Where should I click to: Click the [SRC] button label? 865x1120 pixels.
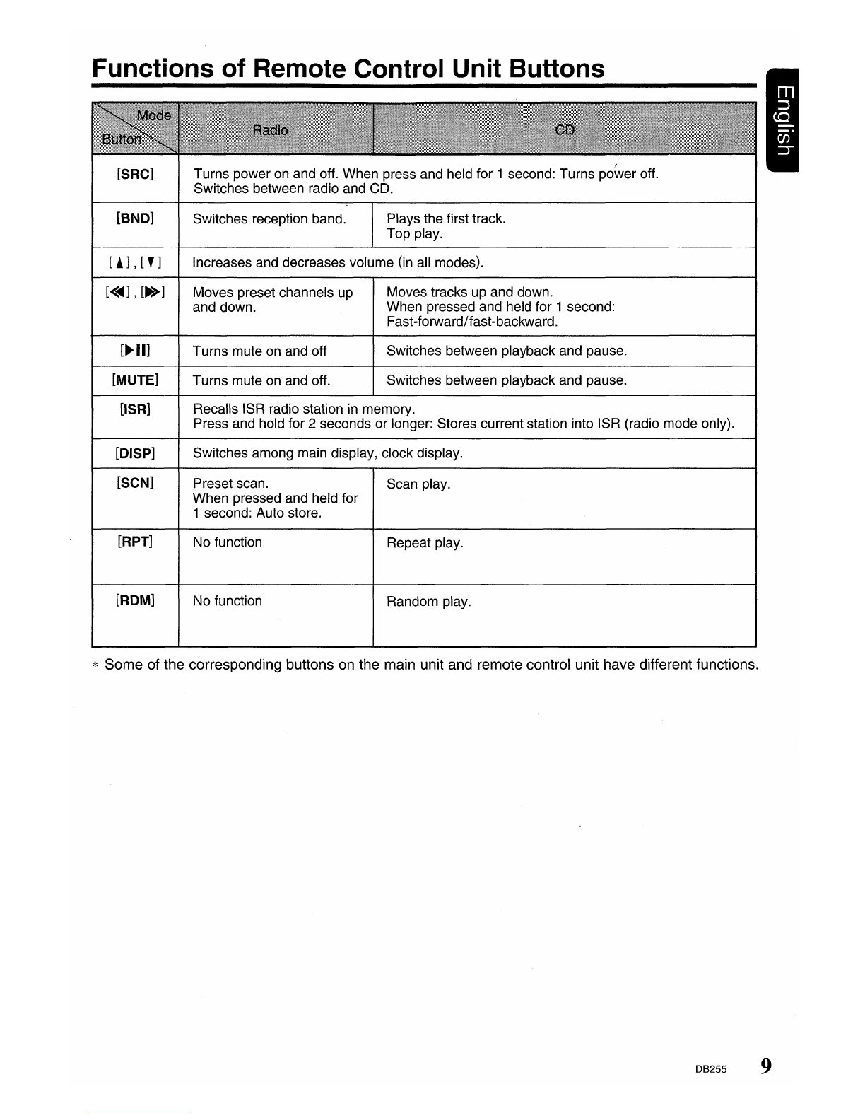[135, 174]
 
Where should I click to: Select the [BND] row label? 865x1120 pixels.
[135, 218]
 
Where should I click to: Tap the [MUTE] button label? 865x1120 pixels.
[135, 380]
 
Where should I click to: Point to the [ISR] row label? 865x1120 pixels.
[135, 409]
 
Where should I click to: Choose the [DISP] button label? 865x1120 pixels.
[135, 453]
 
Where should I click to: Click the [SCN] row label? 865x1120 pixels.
[135, 484]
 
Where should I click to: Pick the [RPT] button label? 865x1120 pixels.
[135, 542]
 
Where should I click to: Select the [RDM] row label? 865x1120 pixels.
[135, 601]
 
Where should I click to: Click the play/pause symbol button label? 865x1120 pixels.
[135, 351]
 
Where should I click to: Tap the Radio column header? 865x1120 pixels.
[271, 131]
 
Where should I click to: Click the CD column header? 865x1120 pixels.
[565, 130]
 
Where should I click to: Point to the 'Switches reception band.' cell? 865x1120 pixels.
[269, 219]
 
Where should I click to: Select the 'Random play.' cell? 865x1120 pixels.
[428, 602]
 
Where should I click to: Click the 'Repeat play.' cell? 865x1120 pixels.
[425, 543]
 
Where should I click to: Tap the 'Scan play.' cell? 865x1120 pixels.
[418, 484]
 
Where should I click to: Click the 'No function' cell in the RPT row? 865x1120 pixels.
[228, 542]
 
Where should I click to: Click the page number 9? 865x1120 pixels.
[766, 1066]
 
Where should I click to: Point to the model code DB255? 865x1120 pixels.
[710, 1069]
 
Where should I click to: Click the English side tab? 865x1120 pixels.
[783, 121]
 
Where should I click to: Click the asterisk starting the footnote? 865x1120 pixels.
[97, 666]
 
